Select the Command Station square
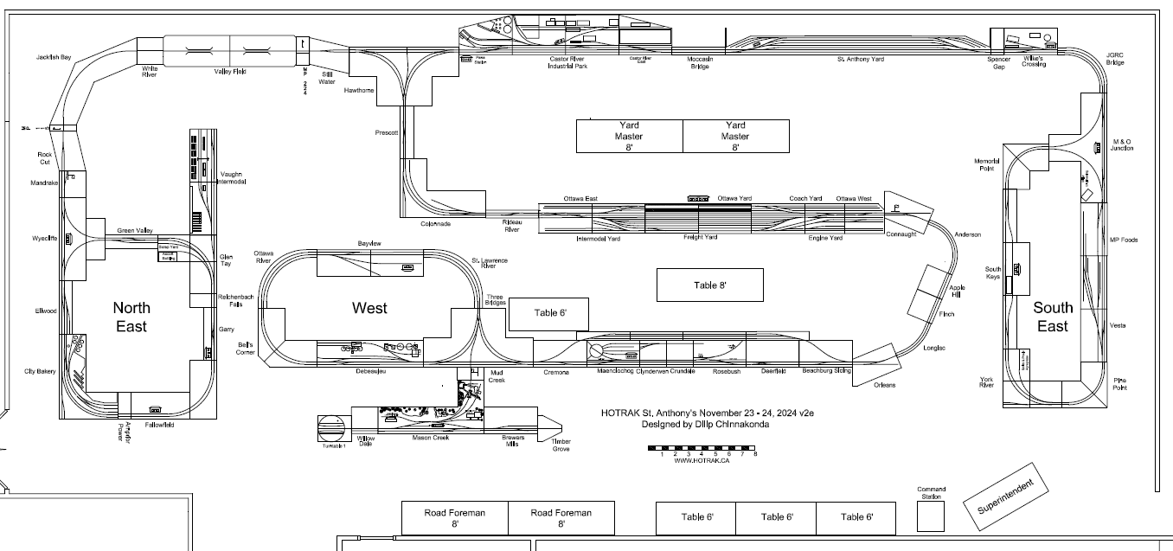click(x=931, y=516)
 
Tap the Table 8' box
click(x=709, y=285)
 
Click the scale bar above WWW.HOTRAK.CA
click(x=702, y=447)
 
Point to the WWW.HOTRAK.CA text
click(x=702, y=461)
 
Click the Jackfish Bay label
click(x=54, y=57)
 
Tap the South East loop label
click(x=1052, y=317)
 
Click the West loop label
click(x=369, y=308)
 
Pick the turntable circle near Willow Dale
click(x=332, y=427)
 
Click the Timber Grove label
click(x=561, y=445)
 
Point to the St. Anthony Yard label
click(x=860, y=59)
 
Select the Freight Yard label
click(x=700, y=237)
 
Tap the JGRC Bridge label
click(x=1114, y=59)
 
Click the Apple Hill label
click(x=957, y=291)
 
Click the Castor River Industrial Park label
click(x=568, y=62)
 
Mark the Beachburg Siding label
click(x=826, y=370)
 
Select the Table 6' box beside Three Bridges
click(x=548, y=313)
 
